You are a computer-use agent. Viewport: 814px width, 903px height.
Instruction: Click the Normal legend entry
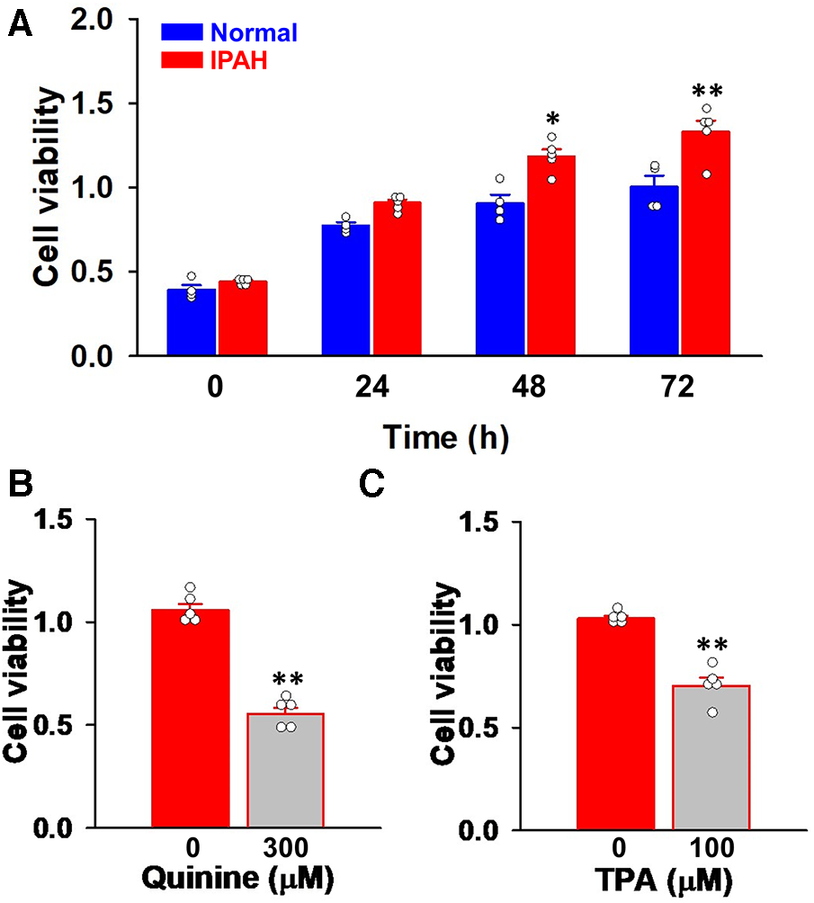coord(228,33)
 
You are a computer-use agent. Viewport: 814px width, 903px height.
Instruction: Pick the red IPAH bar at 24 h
coord(397,278)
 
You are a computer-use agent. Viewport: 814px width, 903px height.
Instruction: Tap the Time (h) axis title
coord(448,438)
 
